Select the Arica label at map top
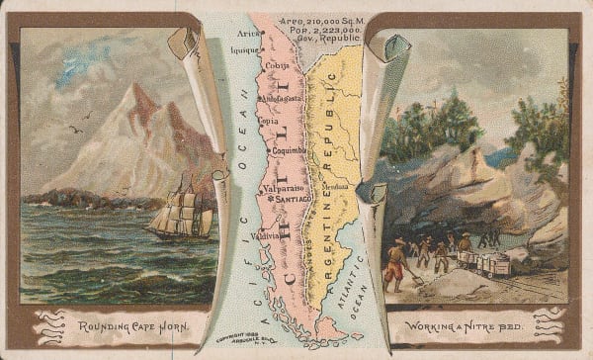249,33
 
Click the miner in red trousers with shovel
394,264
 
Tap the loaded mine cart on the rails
489,262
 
